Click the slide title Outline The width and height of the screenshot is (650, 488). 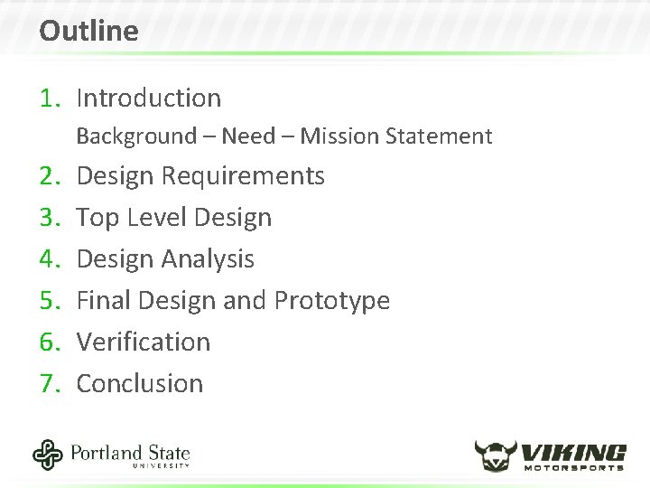pyautogui.click(x=88, y=32)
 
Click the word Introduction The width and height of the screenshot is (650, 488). pyautogui.click(x=149, y=98)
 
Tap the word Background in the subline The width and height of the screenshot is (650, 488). pyautogui.click(x=136, y=136)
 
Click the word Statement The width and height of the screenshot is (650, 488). pyautogui.click(x=438, y=136)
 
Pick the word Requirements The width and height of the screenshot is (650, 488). pyautogui.click(x=243, y=175)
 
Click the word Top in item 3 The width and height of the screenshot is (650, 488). pyautogui.click(x=95, y=217)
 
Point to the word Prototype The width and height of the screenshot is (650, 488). pyautogui.click(x=331, y=301)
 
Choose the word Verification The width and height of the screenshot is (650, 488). pyautogui.click(x=144, y=342)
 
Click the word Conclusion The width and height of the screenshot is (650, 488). pyautogui.click(x=140, y=383)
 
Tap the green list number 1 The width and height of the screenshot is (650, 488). pyautogui.click(x=49, y=98)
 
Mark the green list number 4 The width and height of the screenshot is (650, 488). pyautogui.click(x=49, y=258)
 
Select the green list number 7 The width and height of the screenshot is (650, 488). pyautogui.click(x=49, y=383)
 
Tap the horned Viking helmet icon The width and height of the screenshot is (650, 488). pyautogui.click(x=497, y=455)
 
